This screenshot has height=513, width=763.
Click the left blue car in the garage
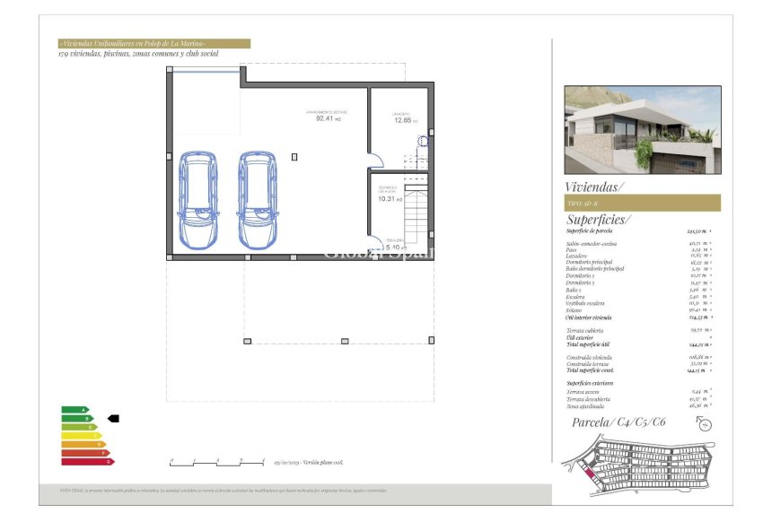click(x=197, y=200)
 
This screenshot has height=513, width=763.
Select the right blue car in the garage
click(x=257, y=200)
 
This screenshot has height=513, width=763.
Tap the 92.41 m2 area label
click(x=323, y=117)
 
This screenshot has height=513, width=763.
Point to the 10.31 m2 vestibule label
click(x=388, y=199)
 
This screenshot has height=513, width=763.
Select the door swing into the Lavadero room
click(x=378, y=160)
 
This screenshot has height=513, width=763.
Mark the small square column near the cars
click(x=294, y=157)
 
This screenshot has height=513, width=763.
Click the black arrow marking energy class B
click(x=113, y=418)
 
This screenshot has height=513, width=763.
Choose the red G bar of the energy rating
click(x=87, y=462)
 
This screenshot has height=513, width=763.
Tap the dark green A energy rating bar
click(x=75, y=410)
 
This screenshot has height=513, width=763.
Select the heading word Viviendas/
click(x=593, y=187)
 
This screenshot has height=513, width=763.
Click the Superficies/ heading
click(x=598, y=220)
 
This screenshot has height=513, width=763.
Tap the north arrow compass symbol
click(x=705, y=424)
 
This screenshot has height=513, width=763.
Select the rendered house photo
click(x=642, y=129)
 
